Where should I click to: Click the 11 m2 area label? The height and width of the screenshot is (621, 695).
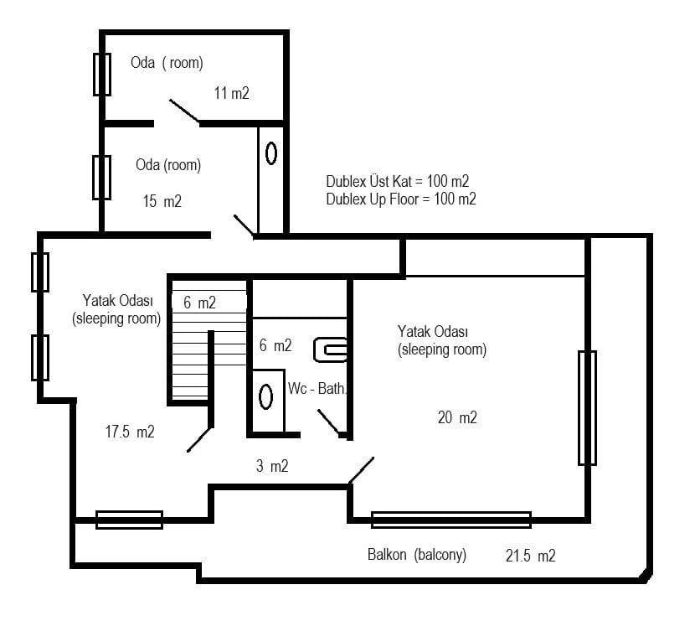pyautogui.click(x=231, y=93)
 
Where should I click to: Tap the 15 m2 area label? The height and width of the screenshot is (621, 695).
pyautogui.click(x=162, y=201)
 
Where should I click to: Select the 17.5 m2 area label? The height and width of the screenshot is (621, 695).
pyautogui.click(x=130, y=432)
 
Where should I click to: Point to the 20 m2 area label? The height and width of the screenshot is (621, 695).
pyautogui.click(x=457, y=417)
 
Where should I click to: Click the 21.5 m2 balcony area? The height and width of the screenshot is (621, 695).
pyautogui.click(x=531, y=556)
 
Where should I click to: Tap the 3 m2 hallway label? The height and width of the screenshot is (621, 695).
pyautogui.click(x=272, y=466)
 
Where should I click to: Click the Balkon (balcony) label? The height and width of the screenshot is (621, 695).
pyautogui.click(x=417, y=555)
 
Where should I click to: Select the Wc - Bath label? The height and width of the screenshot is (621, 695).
pyautogui.click(x=317, y=389)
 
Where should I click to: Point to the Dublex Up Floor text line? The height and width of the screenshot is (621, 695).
pyautogui.click(x=401, y=199)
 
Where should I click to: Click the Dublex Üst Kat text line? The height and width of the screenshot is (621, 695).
pyautogui.click(x=398, y=181)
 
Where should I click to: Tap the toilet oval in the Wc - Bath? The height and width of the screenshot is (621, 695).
pyautogui.click(x=265, y=397)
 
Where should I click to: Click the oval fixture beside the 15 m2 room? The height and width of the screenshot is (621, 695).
pyautogui.click(x=271, y=153)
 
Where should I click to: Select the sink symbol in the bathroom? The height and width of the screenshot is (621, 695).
pyautogui.click(x=330, y=350)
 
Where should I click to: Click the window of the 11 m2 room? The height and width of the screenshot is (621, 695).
pyautogui.click(x=102, y=75)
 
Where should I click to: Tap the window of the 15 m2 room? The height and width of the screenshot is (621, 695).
pyautogui.click(x=101, y=178)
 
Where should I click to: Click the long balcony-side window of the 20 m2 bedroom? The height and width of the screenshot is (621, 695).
pyautogui.click(x=451, y=520)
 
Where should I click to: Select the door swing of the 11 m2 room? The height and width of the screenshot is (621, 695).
pyautogui.click(x=184, y=111)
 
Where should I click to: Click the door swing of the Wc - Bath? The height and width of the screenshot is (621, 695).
pyautogui.click(x=329, y=422)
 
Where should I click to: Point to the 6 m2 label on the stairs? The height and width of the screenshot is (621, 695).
pyautogui.click(x=199, y=303)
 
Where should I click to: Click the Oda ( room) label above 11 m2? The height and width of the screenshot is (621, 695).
pyautogui.click(x=167, y=63)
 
